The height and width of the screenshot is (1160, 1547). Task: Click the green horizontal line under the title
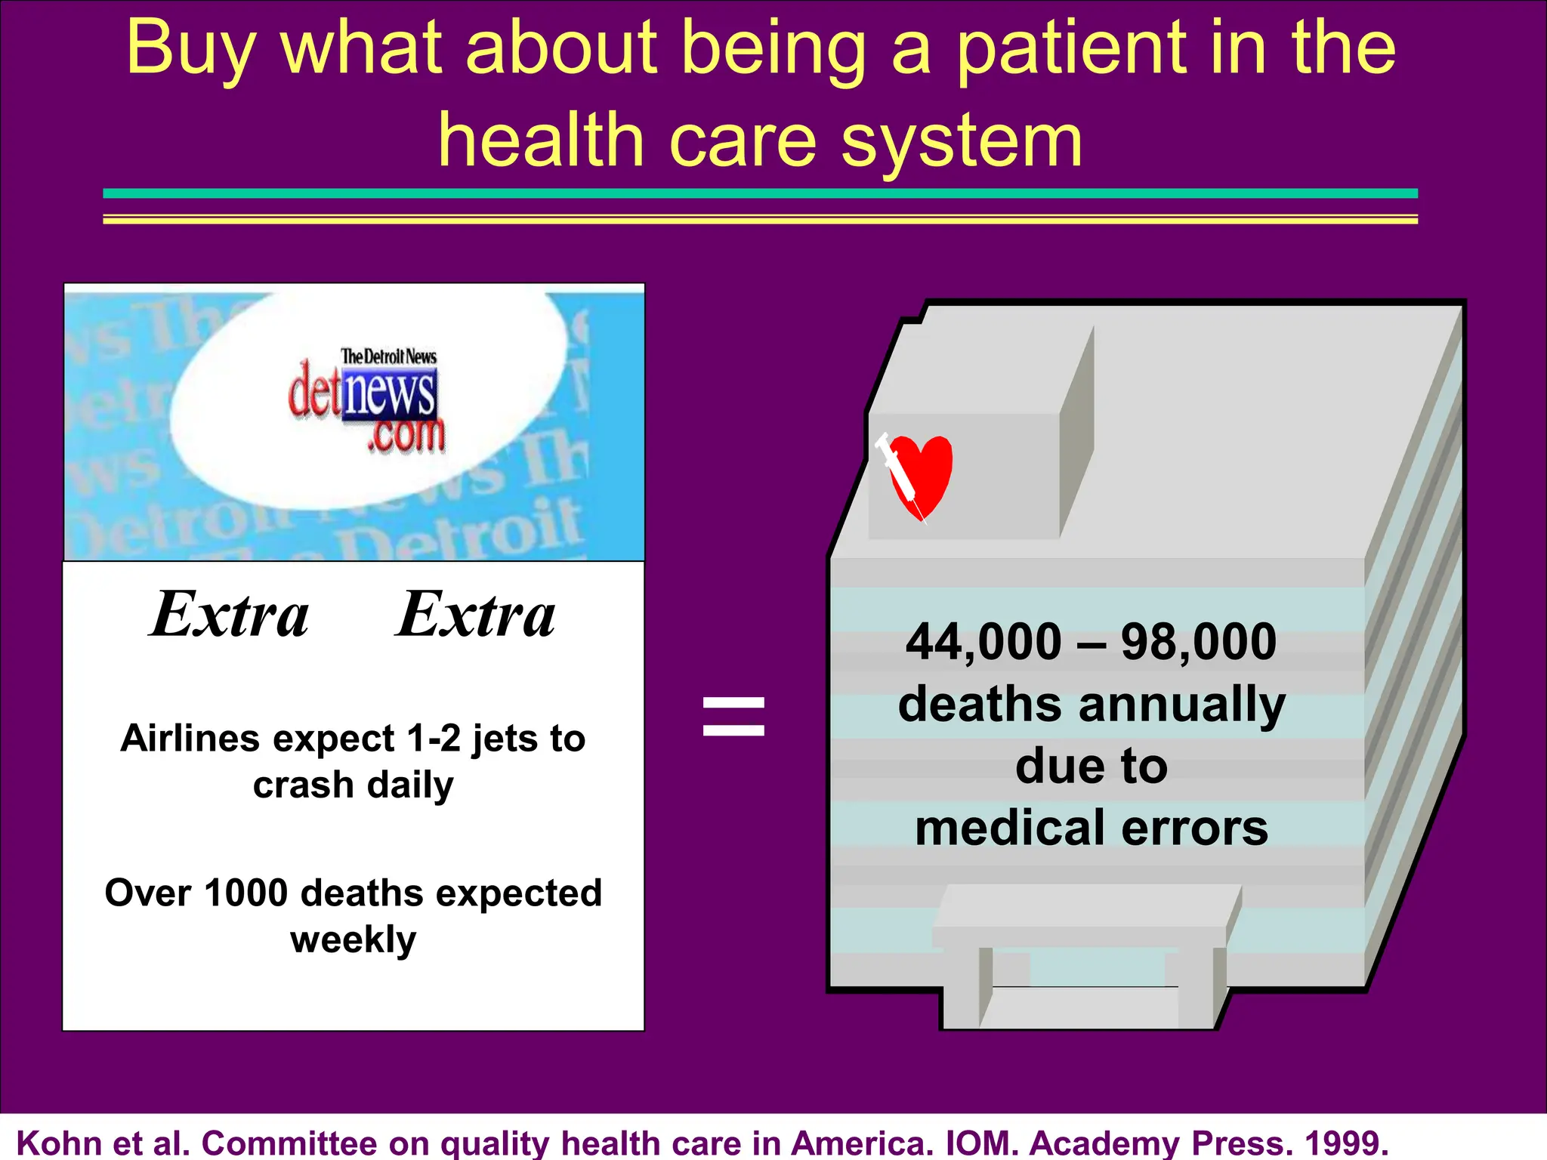760,194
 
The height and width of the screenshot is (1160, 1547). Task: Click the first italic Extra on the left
230,615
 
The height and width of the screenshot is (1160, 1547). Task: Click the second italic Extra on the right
476,615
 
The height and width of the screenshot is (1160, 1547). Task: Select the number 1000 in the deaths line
246,893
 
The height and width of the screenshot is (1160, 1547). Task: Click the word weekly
353,940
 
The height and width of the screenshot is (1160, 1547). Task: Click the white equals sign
733,716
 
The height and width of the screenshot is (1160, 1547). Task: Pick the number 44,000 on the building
983,642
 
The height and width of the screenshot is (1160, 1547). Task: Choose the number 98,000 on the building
1198,642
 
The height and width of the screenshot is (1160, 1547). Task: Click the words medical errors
1092,828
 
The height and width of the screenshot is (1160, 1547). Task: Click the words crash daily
353,785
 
